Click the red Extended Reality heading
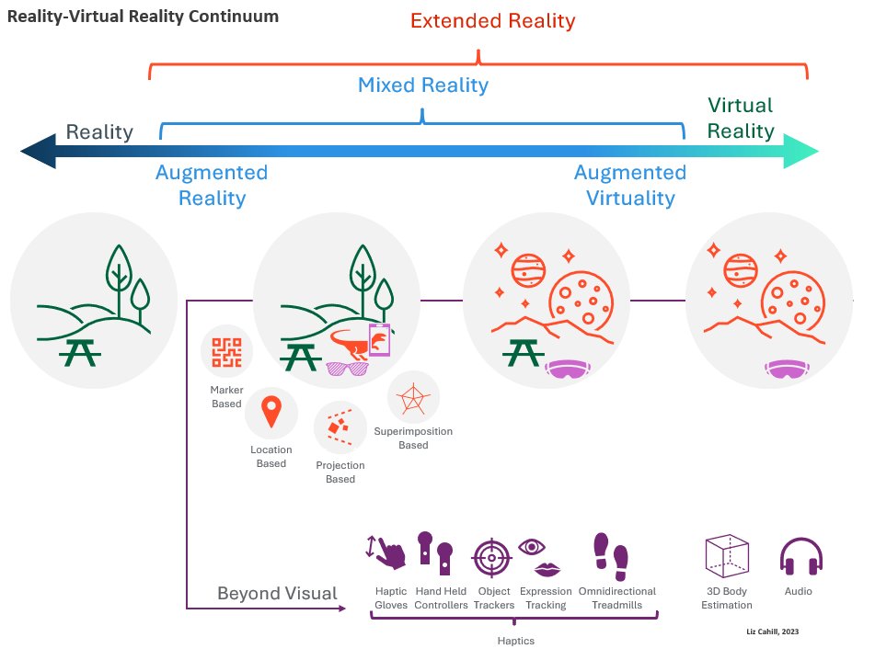492,20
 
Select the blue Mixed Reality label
422,85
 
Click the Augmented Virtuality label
629,185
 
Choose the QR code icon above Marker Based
226,352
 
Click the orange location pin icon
271,412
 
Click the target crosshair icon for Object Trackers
492,557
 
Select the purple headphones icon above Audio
800,557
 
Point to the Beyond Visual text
277,593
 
